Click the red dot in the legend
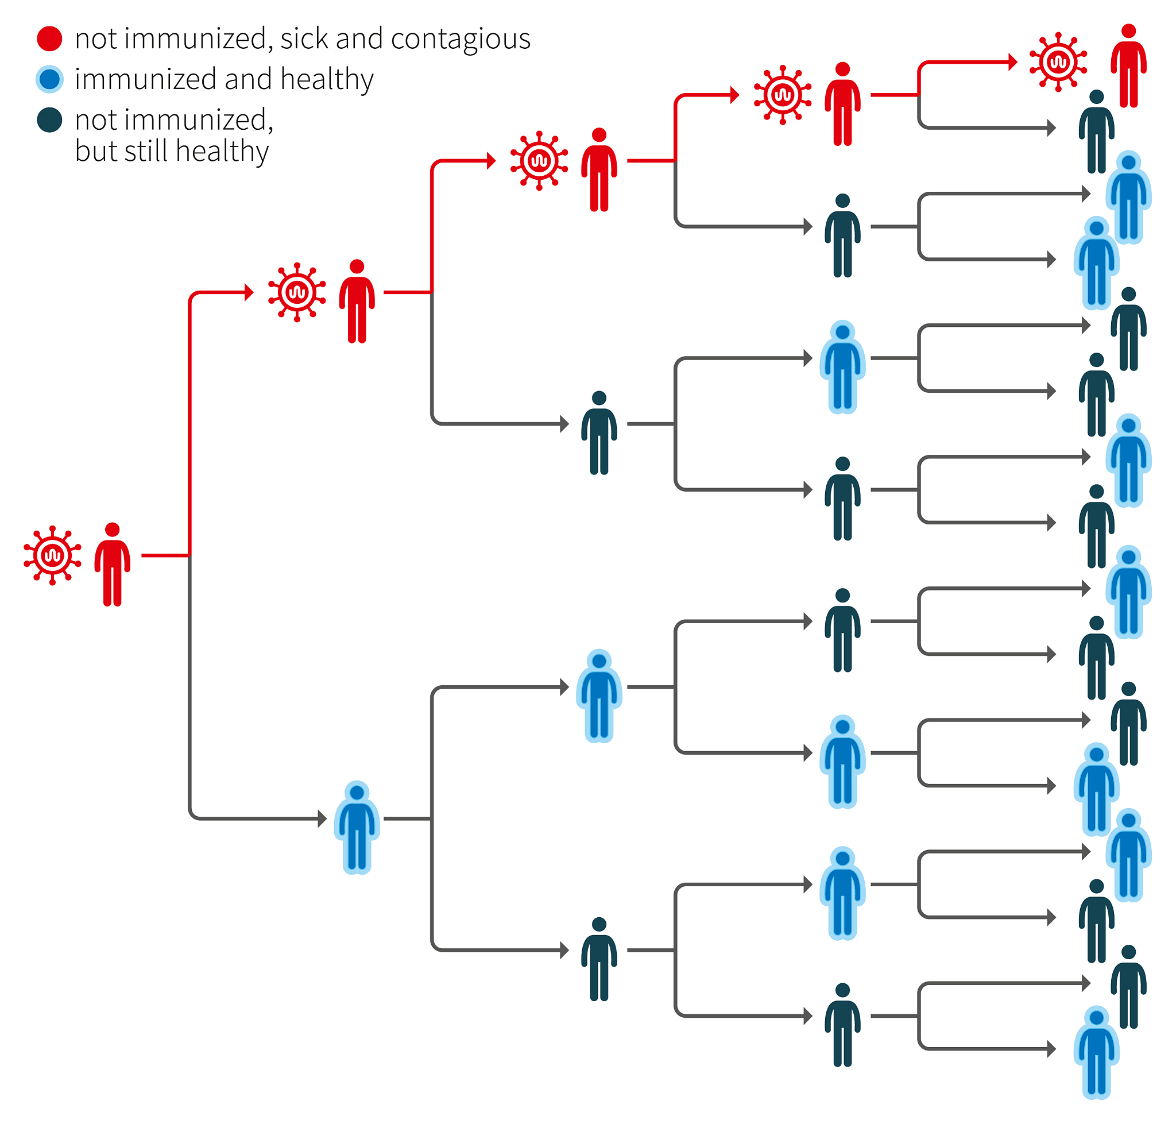tap(49, 38)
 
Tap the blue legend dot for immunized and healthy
tap(49, 79)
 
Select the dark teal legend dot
tap(49, 120)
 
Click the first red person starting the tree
tap(112, 565)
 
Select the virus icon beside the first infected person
tap(52, 555)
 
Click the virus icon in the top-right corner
tap(1058, 61)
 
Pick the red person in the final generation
tap(1129, 66)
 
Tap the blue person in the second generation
tap(357, 828)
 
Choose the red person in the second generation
tap(357, 302)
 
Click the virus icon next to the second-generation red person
tap(297, 292)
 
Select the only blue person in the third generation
tap(599, 696)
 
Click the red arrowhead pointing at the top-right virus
tap(1012, 61)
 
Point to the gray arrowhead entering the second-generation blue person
tap(322, 818)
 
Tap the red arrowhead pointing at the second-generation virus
tap(250, 292)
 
